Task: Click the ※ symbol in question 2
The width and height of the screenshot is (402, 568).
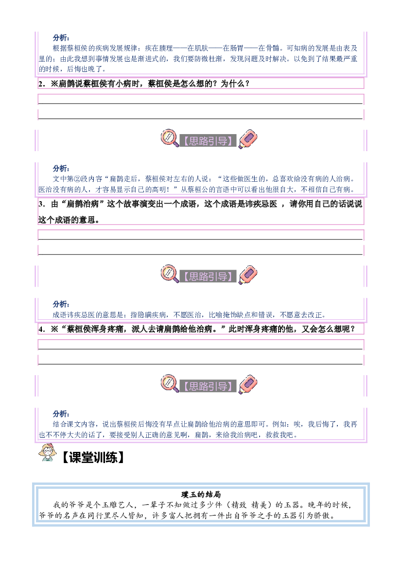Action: (54, 84)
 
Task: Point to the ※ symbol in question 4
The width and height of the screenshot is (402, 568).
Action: (54, 329)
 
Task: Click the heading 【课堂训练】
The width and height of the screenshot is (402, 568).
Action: (93, 458)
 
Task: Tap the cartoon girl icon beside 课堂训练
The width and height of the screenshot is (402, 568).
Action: (48, 453)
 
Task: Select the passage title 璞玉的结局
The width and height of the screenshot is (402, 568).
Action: (201, 495)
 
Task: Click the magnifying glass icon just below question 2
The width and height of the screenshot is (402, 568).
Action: (170, 138)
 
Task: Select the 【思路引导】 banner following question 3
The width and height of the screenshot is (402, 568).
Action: (208, 277)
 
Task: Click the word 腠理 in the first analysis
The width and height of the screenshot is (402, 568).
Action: (166, 48)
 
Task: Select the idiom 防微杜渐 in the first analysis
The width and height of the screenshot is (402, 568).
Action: (209, 59)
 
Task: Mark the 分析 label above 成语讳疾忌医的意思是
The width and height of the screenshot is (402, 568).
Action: (61, 304)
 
